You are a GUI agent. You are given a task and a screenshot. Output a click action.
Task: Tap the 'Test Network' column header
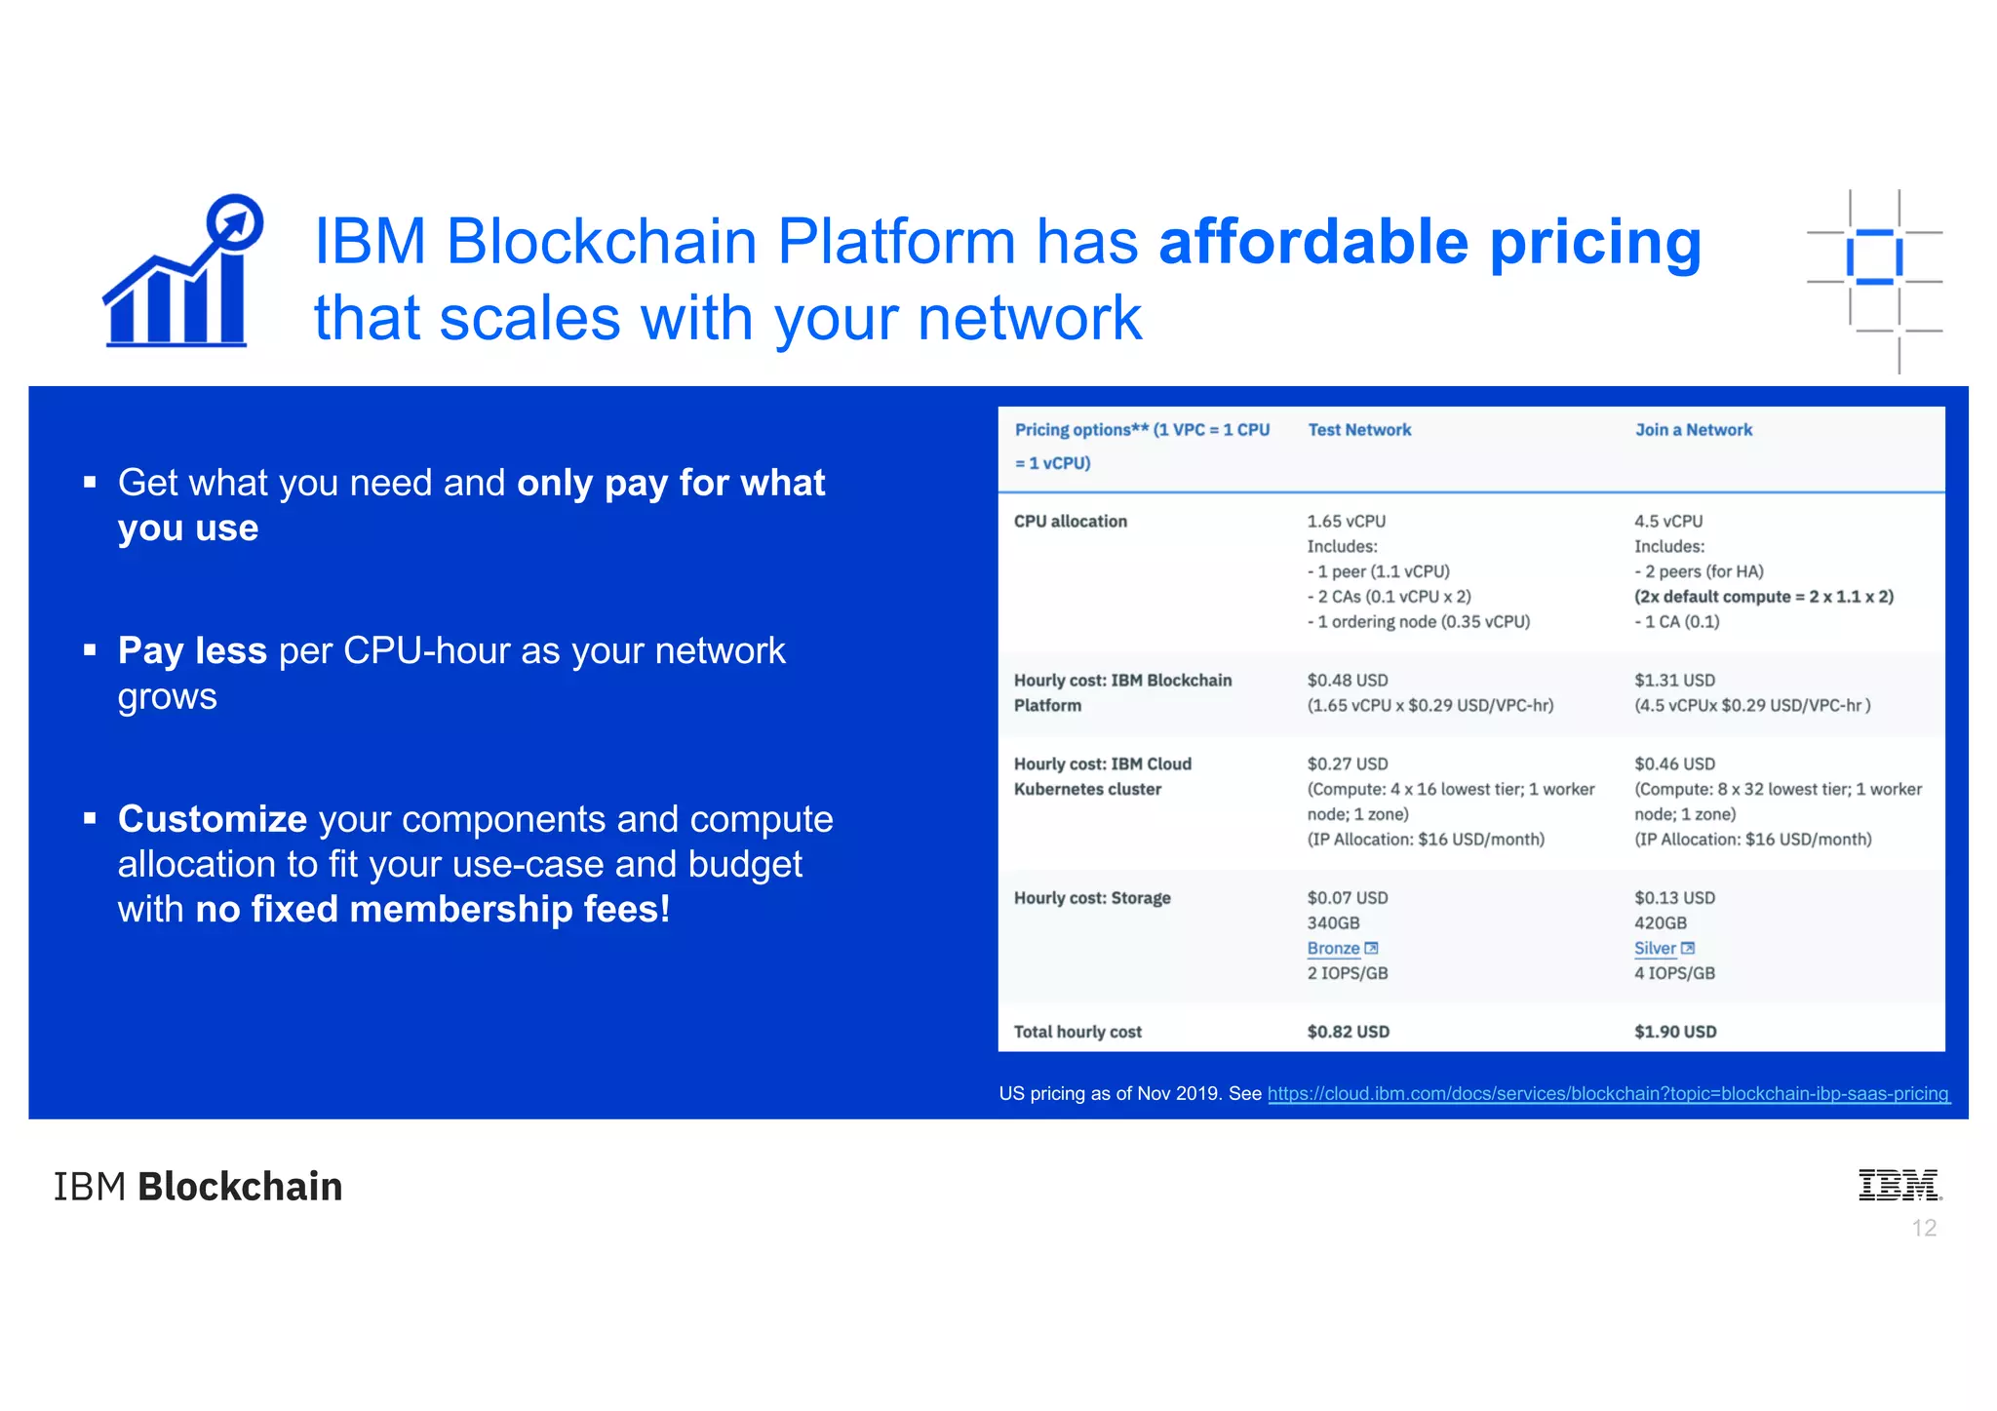click(1358, 430)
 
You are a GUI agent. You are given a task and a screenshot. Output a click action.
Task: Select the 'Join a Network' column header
click(1693, 430)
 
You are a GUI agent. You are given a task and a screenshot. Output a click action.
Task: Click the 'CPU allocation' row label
click(1070, 522)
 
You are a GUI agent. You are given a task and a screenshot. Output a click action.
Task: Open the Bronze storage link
click(1334, 949)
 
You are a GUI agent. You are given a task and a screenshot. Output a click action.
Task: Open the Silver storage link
click(1655, 949)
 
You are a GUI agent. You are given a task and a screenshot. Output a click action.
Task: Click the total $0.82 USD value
click(1348, 1032)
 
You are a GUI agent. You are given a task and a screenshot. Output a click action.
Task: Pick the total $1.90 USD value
click(1675, 1032)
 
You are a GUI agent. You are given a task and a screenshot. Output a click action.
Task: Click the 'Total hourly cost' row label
click(1077, 1032)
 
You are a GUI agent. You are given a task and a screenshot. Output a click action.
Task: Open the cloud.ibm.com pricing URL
click(1607, 1094)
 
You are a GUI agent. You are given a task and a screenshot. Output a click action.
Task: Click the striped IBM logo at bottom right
click(1899, 1185)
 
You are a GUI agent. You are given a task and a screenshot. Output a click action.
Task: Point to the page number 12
click(1924, 1229)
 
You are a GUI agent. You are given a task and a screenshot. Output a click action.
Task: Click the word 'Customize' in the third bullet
click(213, 819)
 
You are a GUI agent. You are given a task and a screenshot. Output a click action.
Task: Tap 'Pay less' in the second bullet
click(192, 650)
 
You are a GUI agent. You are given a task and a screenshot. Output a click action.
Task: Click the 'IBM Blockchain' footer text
click(198, 1187)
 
